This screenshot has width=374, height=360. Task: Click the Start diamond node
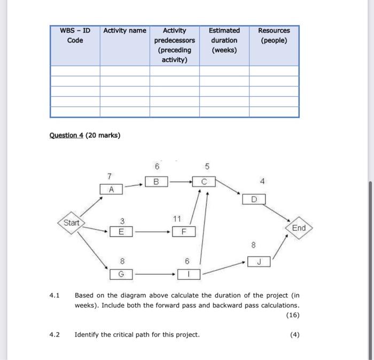[x=71, y=222]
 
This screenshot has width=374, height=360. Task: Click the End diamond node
[x=299, y=228]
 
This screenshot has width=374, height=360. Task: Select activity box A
[x=111, y=189]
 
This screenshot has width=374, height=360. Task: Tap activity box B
[x=157, y=182]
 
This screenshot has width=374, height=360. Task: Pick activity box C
[x=203, y=182]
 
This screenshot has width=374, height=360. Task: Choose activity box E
[x=121, y=232]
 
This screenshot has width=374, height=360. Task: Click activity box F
[x=184, y=232]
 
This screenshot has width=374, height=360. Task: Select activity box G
[x=121, y=275]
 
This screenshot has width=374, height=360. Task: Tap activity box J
[x=259, y=262]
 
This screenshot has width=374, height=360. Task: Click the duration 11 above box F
[x=177, y=218]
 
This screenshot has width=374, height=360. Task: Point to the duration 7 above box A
[x=110, y=176]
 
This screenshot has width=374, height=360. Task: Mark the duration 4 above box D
[x=262, y=182]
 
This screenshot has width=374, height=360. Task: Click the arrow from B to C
[x=180, y=182]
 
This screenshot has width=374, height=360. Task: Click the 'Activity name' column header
[x=124, y=30]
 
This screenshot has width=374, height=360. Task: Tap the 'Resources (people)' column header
[x=274, y=35]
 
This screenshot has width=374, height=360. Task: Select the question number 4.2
[x=54, y=335]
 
